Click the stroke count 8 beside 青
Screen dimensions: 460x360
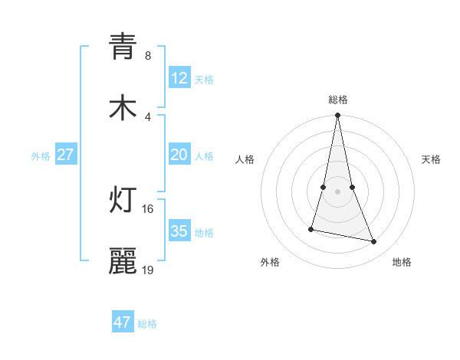[147, 56]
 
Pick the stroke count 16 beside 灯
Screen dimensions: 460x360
[148, 208]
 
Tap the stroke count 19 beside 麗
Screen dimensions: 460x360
[148, 270]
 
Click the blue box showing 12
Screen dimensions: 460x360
[179, 78]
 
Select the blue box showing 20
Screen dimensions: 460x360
[179, 155]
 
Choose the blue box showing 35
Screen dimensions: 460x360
[179, 231]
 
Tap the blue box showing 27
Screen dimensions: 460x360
[66, 155]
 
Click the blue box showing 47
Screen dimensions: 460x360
[123, 322]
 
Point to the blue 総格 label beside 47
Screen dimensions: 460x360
[147, 324]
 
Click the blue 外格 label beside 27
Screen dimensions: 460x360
[41, 156]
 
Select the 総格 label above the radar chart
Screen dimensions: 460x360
[338, 100]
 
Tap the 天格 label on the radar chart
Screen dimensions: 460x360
[432, 159]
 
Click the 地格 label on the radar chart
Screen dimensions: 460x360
[402, 262]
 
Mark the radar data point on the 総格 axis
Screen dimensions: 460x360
[338, 116]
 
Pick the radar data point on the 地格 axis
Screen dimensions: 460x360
[374, 242]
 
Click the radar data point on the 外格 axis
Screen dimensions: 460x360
[311, 228]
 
